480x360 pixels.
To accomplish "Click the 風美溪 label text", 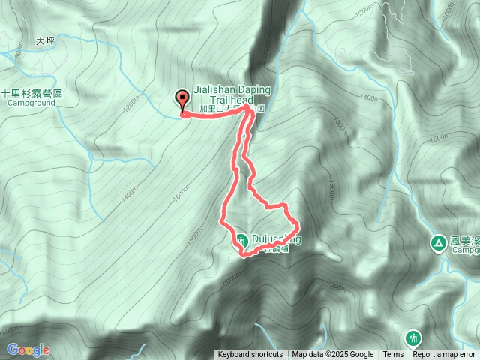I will coord(465,241).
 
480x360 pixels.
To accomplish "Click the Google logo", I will coord(28,349).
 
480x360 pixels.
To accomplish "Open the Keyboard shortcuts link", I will coord(250,355).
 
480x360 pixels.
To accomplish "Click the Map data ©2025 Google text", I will coord(333,355).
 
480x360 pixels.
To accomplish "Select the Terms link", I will coord(393,355).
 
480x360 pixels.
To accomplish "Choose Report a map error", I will coord(444,355).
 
